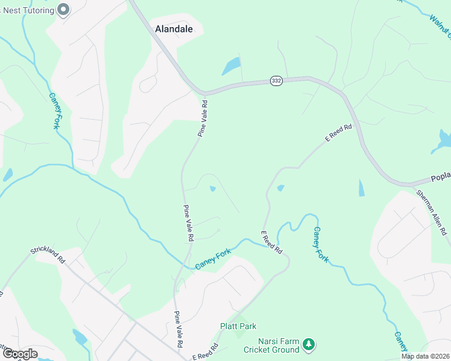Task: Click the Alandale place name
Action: pyautogui.click(x=174, y=28)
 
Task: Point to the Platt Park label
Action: pyautogui.click(x=238, y=326)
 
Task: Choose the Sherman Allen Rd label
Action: pyautogui.click(x=432, y=212)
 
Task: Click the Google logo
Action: pyautogui.click(x=19, y=354)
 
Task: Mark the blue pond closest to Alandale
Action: pyautogui.click(x=231, y=66)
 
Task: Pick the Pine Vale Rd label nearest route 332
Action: pyautogui.click(x=204, y=119)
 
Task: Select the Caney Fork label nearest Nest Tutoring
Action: pyautogui.click(x=54, y=111)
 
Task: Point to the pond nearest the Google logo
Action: pyautogui.click(x=79, y=337)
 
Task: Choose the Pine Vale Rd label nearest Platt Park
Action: pyautogui.click(x=179, y=330)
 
